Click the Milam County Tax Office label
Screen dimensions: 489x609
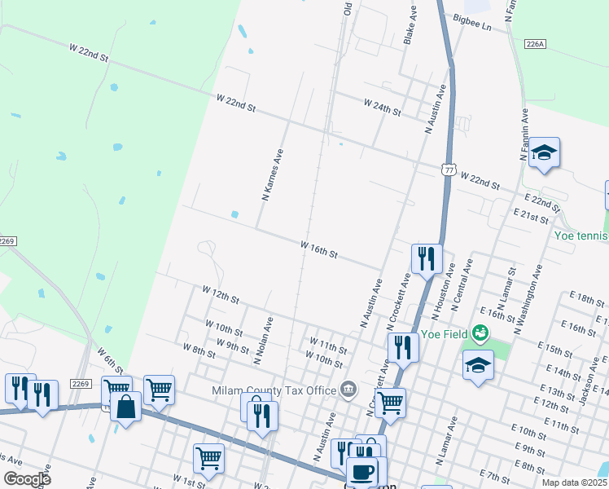coord(276,390)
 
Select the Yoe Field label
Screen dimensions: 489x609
coord(445,334)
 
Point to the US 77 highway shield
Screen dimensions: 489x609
coord(448,169)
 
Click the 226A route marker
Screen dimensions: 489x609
coord(534,43)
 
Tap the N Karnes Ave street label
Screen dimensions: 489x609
coord(272,174)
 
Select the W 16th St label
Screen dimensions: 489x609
coord(319,249)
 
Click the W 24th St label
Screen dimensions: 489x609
coord(383,107)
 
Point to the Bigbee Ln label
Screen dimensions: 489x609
coord(473,26)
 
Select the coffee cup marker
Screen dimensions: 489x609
coord(361,472)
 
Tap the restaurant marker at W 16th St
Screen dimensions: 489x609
coord(427,258)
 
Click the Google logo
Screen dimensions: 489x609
coord(27,479)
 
